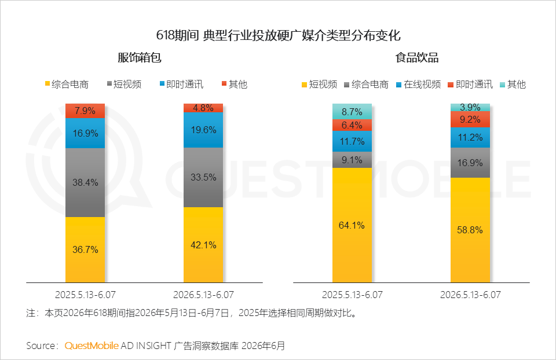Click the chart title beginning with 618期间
click(x=279, y=35)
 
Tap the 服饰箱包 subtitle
click(x=140, y=58)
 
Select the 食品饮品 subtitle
click(x=417, y=58)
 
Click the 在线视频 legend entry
click(x=418, y=85)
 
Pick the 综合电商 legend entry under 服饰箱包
click(x=67, y=85)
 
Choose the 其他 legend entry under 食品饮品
click(x=513, y=85)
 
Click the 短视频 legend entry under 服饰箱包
click(x=124, y=85)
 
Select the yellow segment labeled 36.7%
click(x=85, y=250)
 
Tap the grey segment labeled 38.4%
click(x=85, y=182)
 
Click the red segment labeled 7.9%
click(x=85, y=111)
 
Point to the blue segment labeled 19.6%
click(x=203, y=130)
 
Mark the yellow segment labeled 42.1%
click(x=203, y=245)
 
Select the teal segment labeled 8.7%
click(x=352, y=112)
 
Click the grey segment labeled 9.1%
click(x=352, y=160)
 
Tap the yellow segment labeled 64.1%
click(x=352, y=225)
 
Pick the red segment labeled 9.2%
click(x=470, y=119)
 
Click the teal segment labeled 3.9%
click(x=470, y=107)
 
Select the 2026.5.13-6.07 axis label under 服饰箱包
click(x=203, y=295)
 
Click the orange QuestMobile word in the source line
click(x=92, y=346)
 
